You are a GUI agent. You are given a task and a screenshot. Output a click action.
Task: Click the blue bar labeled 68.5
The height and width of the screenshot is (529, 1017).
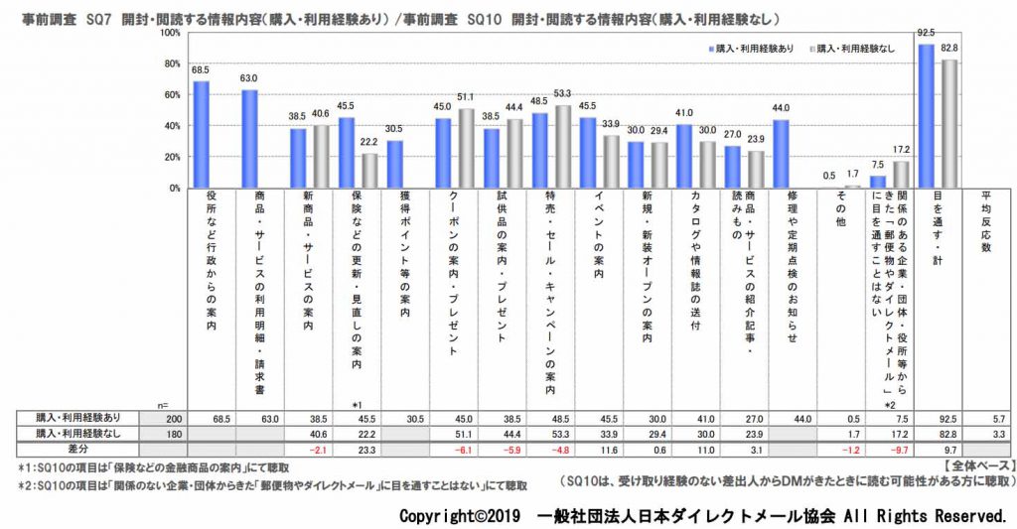(201, 135)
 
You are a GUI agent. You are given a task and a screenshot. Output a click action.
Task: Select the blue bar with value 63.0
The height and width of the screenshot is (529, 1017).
(249, 139)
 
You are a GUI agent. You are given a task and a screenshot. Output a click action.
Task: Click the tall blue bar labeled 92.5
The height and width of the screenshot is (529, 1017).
(926, 116)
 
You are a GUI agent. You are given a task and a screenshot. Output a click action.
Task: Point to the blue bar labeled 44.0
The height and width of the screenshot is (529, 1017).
(780, 154)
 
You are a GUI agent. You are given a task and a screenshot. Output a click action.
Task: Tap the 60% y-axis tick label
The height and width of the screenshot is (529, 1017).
(171, 95)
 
